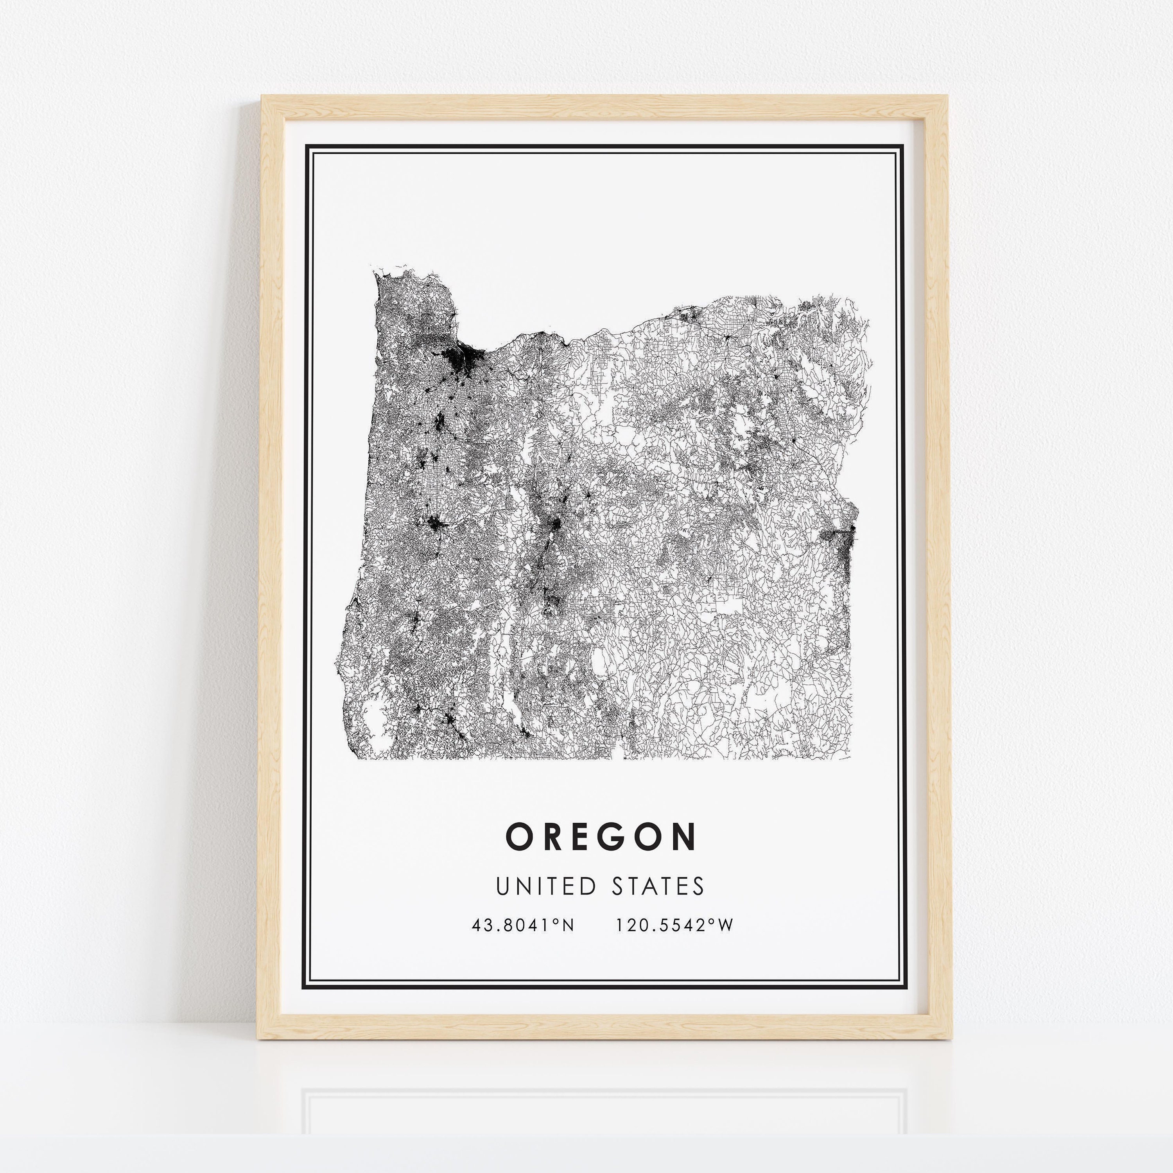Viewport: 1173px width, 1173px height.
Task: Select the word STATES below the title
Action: coord(658,886)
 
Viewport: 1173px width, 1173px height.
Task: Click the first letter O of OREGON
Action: coord(519,837)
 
